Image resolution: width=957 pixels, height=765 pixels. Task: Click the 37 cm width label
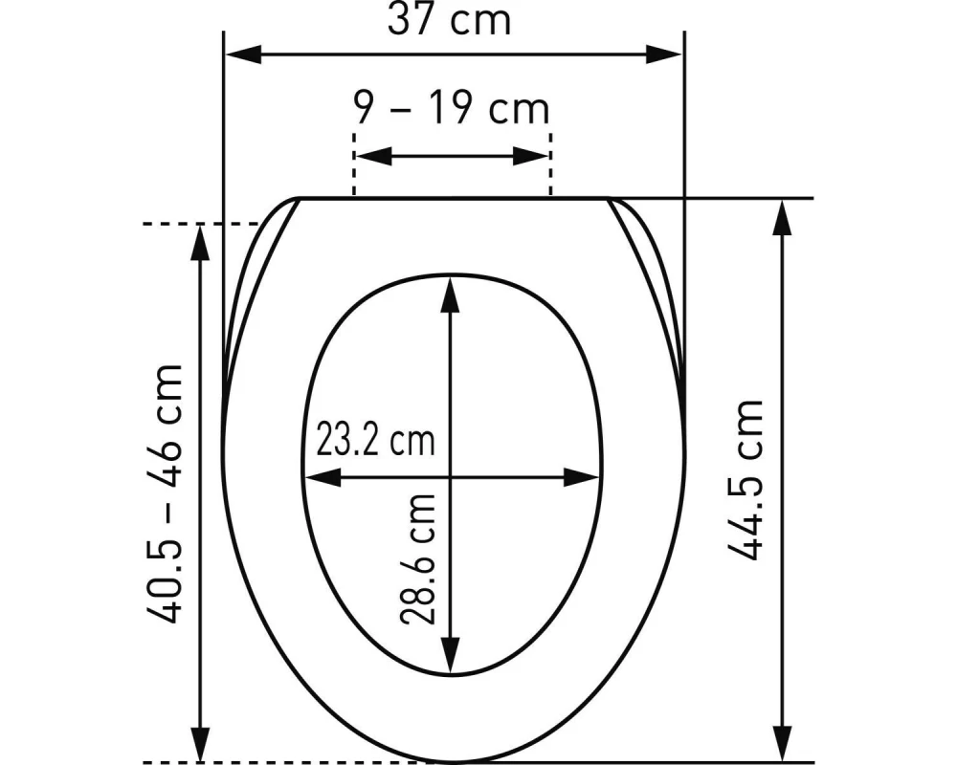pos(449,19)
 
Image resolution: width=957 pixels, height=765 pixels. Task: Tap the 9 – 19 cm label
pos(453,108)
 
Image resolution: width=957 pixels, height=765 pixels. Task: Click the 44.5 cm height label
pos(746,479)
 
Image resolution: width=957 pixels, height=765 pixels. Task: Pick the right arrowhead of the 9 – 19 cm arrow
pos(537,157)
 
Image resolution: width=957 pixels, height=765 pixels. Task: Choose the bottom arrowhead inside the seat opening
pos(450,660)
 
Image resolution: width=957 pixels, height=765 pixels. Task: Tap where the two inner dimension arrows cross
pos(450,477)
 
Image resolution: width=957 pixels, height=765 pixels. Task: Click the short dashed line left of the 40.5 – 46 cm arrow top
pos(172,224)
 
